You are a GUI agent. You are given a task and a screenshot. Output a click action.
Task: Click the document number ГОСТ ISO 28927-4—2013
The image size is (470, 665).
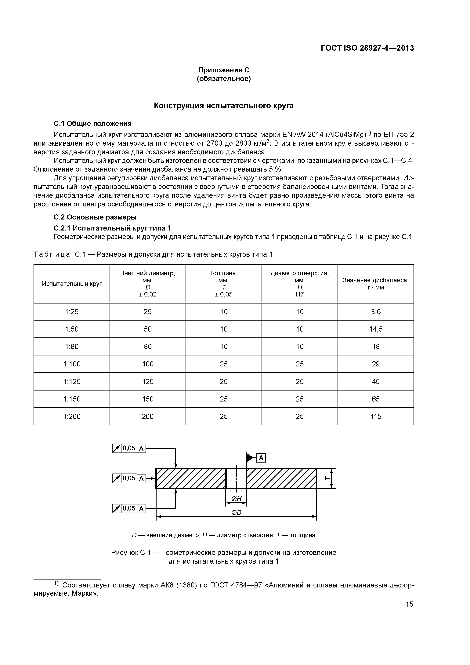point(367,48)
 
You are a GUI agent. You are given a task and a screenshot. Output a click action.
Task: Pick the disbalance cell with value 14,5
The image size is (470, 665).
point(376,329)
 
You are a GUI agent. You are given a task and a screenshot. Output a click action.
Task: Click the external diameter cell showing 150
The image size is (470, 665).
point(148,399)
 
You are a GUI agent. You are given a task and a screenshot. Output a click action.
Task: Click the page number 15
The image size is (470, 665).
point(409,604)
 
